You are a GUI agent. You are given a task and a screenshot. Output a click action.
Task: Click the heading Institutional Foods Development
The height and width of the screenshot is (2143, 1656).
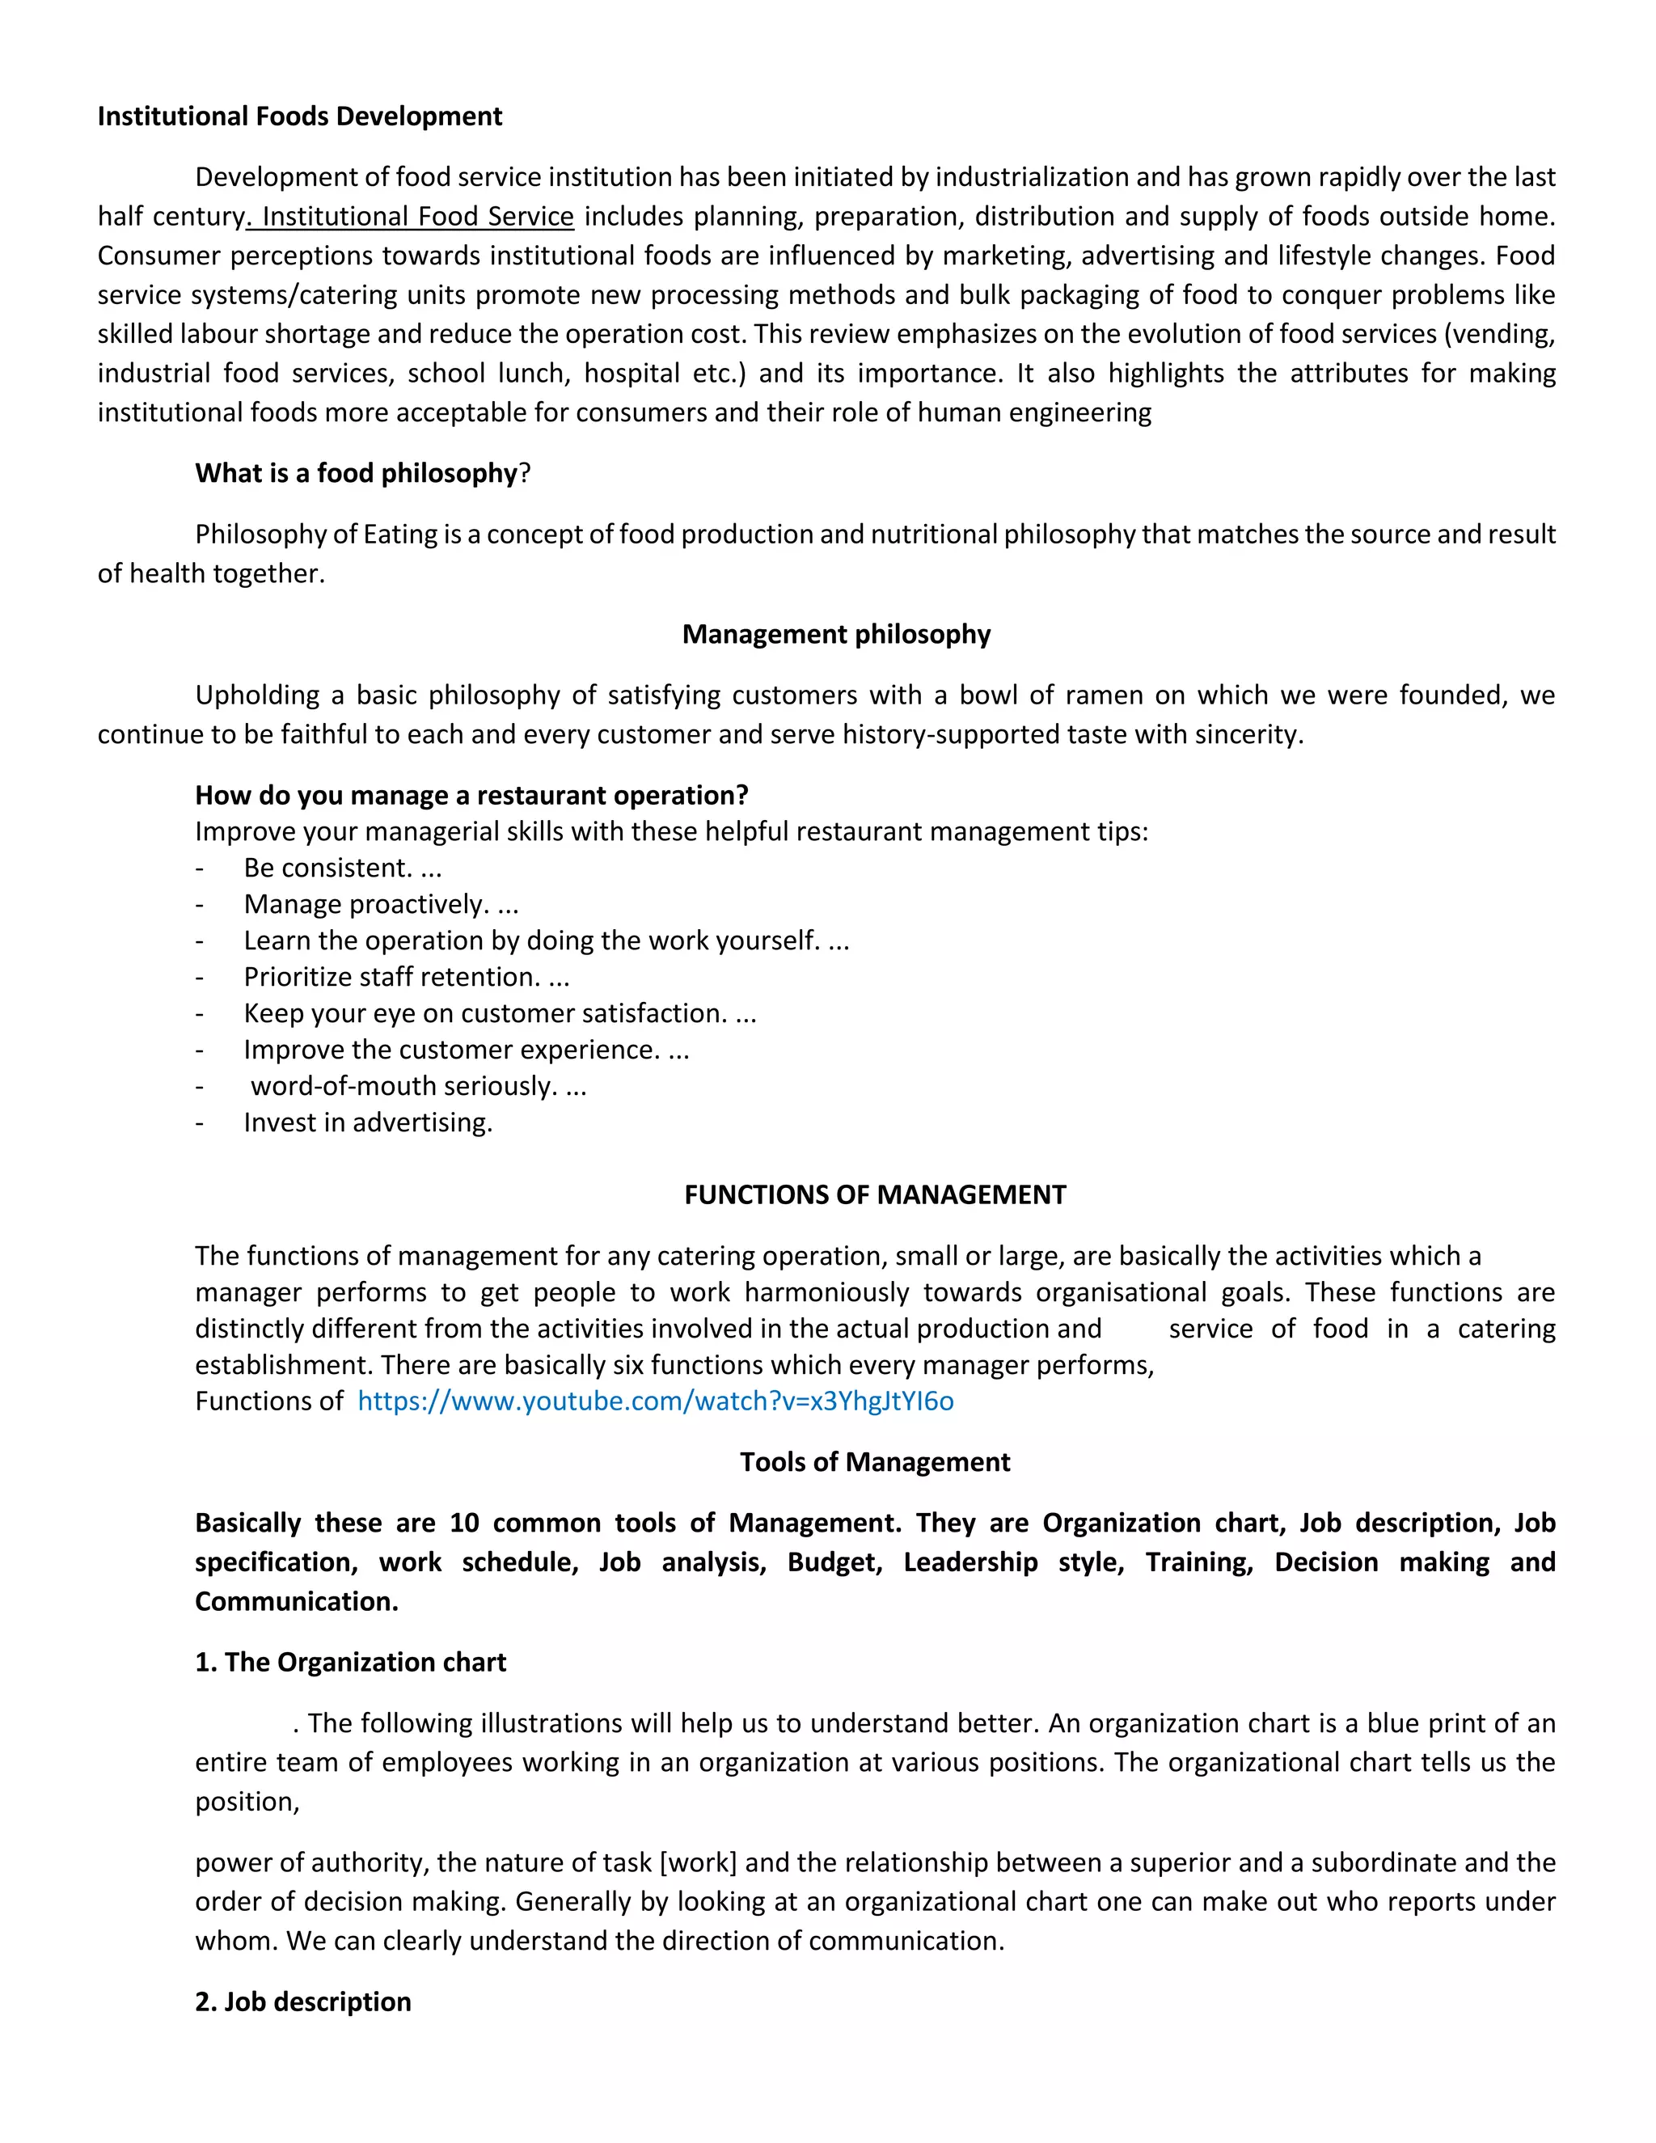click(299, 116)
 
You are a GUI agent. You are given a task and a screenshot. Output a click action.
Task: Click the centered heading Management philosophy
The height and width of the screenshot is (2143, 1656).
click(836, 635)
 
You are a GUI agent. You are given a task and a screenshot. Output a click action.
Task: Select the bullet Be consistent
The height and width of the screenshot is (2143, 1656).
click(341, 869)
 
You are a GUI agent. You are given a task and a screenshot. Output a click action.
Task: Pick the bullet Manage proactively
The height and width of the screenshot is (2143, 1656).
click(380, 905)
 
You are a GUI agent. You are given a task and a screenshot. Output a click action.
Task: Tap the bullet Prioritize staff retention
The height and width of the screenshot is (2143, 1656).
click(405, 978)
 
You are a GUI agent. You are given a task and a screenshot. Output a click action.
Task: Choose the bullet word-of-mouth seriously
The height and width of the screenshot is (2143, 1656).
click(418, 1086)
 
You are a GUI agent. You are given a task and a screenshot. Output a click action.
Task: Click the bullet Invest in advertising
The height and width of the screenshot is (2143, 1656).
click(368, 1122)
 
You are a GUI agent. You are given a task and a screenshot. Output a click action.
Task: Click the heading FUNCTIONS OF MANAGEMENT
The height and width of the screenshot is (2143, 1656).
click(874, 1195)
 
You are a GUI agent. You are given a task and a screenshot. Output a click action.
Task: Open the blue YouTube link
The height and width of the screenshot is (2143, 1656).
click(655, 1401)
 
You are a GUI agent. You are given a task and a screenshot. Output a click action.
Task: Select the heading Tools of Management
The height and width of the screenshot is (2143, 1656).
click(874, 1462)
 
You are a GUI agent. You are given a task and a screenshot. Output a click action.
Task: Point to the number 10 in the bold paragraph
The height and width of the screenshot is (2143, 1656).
click(464, 1523)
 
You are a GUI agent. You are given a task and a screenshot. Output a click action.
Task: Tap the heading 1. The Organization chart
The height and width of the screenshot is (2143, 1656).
click(350, 1662)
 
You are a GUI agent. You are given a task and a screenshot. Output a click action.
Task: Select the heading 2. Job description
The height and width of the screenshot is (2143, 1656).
click(302, 2001)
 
